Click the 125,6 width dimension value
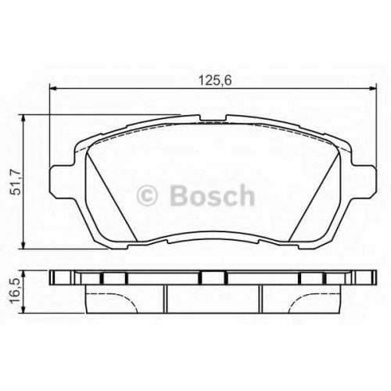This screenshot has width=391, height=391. [215, 81]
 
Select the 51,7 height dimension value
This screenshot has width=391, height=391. [15, 182]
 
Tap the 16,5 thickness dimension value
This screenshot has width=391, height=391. [15, 291]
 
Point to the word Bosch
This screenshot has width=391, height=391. [212, 195]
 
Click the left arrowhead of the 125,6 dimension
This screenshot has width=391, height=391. [53, 88]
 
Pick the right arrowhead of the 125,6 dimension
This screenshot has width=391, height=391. [373, 88]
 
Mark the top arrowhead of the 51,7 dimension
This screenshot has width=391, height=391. [23, 118]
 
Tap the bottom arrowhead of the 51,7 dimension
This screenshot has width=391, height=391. [23, 245]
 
